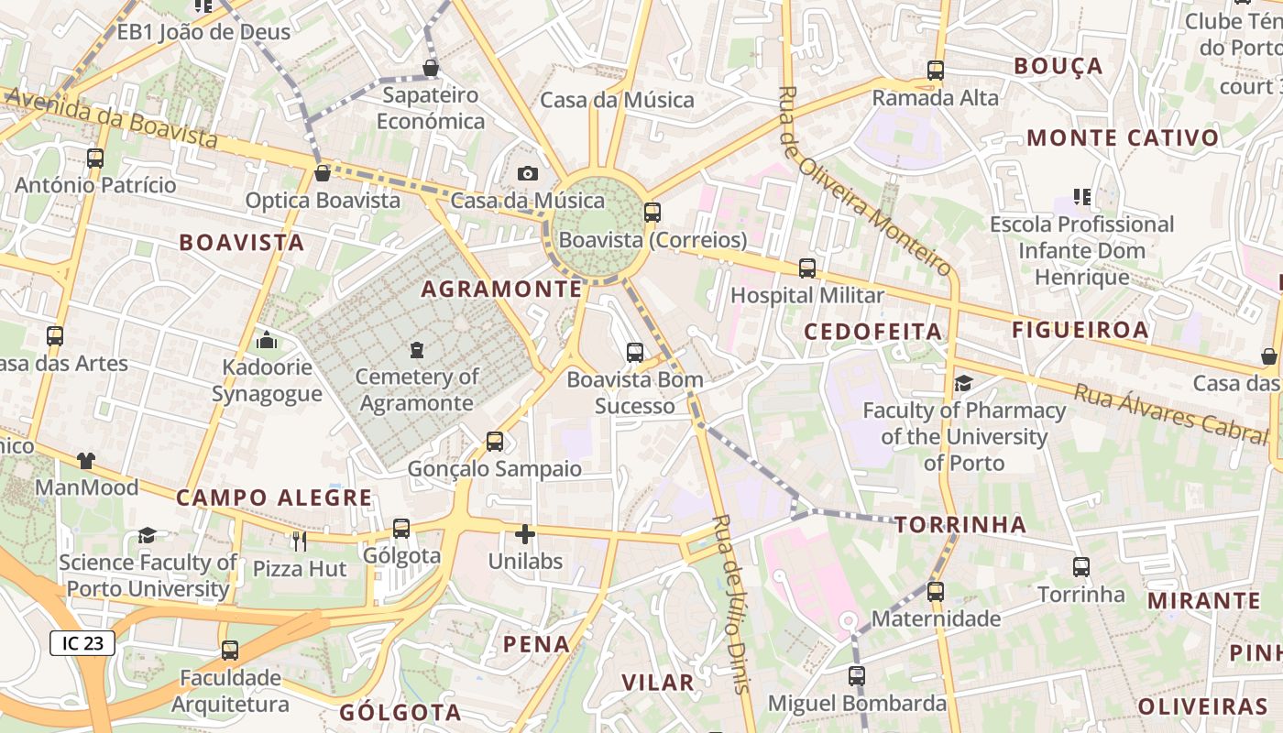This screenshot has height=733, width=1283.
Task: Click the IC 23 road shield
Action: pyautogui.click(x=82, y=643)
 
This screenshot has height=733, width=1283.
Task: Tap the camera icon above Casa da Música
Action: pyautogui.click(x=527, y=173)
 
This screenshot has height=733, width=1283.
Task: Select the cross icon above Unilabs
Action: pyautogui.click(x=525, y=533)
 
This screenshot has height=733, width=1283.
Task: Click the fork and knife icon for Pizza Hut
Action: pyautogui.click(x=299, y=541)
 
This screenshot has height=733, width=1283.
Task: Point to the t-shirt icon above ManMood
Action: pyautogui.click(x=85, y=460)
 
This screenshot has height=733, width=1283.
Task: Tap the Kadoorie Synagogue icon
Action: pyautogui.click(x=267, y=341)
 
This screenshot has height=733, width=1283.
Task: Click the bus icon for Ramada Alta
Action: pyautogui.click(x=935, y=70)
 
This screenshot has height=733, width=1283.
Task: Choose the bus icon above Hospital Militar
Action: pyautogui.click(x=806, y=268)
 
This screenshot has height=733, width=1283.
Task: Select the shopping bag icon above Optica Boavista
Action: pyautogui.click(x=323, y=172)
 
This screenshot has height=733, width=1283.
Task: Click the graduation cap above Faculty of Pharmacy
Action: pyautogui.click(x=963, y=383)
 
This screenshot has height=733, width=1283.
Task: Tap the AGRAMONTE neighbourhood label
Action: pyautogui.click(x=501, y=290)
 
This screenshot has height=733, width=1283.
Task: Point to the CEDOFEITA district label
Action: pyautogui.click(x=873, y=332)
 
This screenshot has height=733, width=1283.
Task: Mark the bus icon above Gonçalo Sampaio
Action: pyautogui.click(x=494, y=441)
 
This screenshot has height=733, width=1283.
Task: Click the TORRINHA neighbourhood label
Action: pyautogui.click(x=960, y=525)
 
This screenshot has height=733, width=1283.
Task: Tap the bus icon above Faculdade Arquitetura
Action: pyautogui.click(x=229, y=650)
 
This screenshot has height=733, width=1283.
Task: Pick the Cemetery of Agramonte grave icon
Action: pyautogui.click(x=417, y=349)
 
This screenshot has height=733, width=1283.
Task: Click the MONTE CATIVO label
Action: pyautogui.click(x=1123, y=138)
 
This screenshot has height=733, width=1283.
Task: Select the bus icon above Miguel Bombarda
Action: pyautogui.click(x=856, y=676)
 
